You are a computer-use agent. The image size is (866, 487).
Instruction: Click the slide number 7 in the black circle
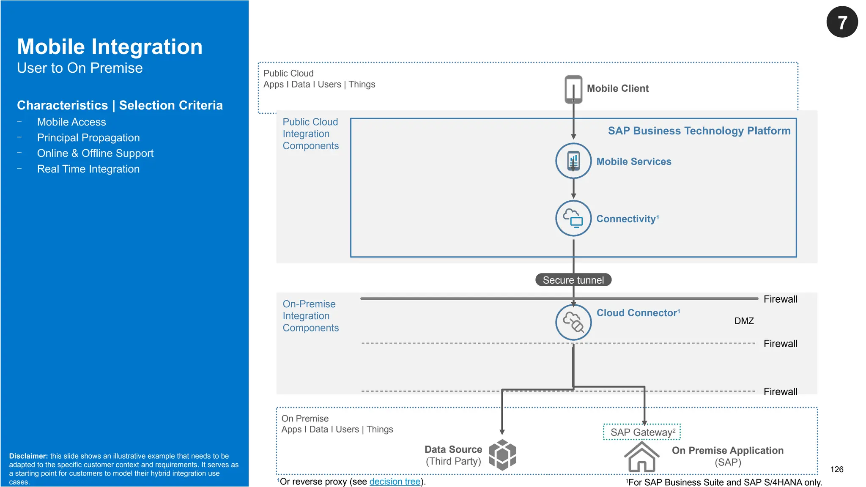(842, 22)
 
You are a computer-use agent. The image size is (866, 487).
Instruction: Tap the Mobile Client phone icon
(573, 89)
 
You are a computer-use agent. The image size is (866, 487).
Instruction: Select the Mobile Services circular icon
(573, 161)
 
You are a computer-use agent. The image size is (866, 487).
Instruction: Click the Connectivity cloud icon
(573, 218)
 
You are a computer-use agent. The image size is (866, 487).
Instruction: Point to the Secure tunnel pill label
(573, 280)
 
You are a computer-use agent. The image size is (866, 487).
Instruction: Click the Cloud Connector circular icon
(573, 322)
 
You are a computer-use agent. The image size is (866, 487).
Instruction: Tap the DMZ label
(744, 321)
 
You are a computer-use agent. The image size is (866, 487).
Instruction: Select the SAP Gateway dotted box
(641, 432)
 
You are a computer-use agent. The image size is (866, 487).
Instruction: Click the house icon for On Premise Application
(641, 457)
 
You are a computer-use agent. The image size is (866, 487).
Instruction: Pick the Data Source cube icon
(502, 455)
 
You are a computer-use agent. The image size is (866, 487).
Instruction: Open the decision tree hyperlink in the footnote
(395, 482)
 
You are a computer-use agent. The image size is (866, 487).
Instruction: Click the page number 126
(836, 469)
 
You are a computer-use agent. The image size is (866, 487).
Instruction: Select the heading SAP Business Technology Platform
(699, 131)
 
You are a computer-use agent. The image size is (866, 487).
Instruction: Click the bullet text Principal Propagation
(88, 138)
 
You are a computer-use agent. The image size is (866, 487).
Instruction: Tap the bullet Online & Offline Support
(95, 153)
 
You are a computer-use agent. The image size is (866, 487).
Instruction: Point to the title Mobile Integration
(110, 47)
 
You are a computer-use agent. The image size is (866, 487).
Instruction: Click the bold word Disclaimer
(28, 456)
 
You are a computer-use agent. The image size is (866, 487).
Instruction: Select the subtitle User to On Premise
(79, 68)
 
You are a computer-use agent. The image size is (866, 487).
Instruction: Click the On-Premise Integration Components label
(310, 316)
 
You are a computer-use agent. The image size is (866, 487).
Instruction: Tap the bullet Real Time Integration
(88, 169)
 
